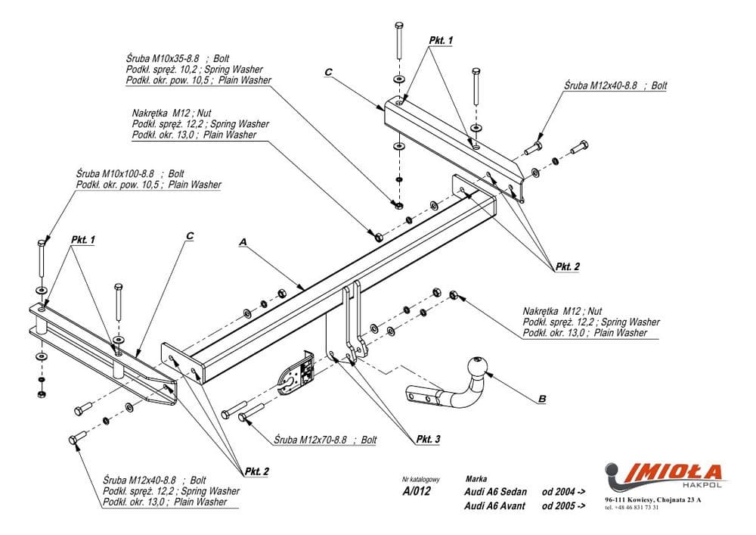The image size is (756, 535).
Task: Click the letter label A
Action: tap(243, 241)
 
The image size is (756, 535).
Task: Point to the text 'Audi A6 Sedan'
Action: tap(496, 492)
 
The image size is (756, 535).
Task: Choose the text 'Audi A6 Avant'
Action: tap(496, 505)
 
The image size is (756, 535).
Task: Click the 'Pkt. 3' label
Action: tap(428, 439)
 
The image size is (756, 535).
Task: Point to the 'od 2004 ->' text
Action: tap(563, 492)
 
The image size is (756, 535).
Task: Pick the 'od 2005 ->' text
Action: tap(563, 505)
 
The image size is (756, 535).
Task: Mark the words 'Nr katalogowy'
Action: tap(421, 479)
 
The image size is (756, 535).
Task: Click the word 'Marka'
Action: tap(477, 478)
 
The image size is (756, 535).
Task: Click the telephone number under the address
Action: tap(632, 508)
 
